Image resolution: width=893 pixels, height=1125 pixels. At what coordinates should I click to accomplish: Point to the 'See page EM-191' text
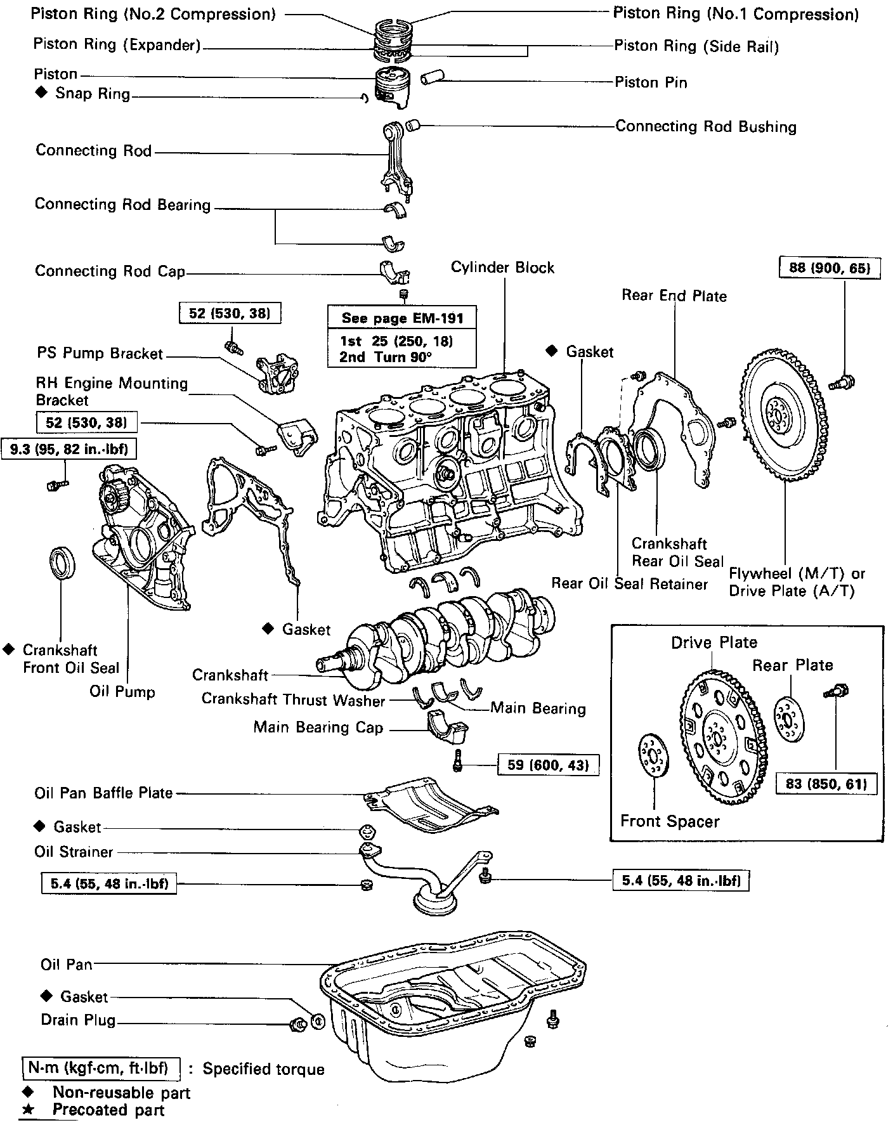click(402, 318)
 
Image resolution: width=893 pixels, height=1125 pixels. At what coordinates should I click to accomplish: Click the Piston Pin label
click(651, 82)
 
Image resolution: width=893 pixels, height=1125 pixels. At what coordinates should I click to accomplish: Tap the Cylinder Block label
click(502, 268)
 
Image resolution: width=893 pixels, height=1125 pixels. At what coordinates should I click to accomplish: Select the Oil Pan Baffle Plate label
click(103, 793)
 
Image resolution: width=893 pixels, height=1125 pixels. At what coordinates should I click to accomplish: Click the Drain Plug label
click(78, 1020)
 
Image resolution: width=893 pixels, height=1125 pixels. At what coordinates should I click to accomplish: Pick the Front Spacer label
click(670, 821)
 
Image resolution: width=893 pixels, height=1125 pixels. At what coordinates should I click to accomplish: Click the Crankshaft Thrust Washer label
click(293, 699)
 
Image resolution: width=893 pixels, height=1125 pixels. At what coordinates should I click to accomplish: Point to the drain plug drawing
click(296, 1024)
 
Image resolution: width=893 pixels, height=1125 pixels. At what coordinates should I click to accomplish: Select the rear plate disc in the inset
click(790, 719)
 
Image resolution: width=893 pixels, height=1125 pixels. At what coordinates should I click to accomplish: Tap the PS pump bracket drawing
click(277, 376)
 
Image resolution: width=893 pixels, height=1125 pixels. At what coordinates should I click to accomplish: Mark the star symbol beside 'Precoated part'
click(27, 1109)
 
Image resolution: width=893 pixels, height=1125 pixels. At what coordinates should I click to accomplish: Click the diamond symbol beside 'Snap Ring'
click(41, 93)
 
